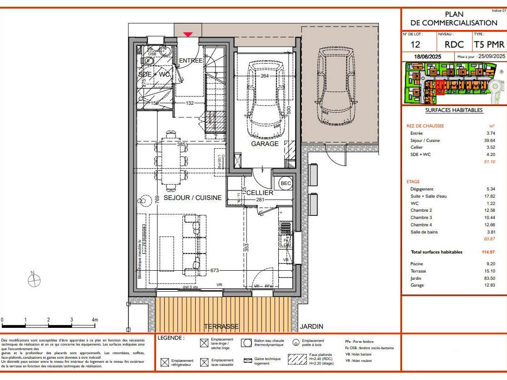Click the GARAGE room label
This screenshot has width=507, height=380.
[x=265, y=144]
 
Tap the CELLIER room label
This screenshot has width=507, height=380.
[x=260, y=193]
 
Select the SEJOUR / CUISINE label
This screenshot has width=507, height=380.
[x=192, y=198]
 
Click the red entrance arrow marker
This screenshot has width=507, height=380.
[x=188, y=34]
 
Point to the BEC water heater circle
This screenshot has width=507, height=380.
[x=285, y=183]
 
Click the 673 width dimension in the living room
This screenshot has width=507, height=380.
[x=215, y=270]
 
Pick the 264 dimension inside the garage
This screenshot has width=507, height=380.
[x=265, y=76]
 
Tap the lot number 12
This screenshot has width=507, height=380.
[x=415, y=44]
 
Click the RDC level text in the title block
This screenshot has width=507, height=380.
[x=454, y=44]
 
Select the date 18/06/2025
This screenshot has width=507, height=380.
[x=428, y=56]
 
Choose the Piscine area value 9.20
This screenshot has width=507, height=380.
[x=490, y=264]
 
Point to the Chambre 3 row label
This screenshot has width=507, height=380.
[x=421, y=218]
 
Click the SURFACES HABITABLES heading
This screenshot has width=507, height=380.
[x=453, y=110]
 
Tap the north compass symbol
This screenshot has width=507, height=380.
[x=34, y=281]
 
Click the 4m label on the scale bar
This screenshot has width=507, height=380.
[x=95, y=320]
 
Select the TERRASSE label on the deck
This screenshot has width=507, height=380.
[x=221, y=326]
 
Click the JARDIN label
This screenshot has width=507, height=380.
[x=311, y=326]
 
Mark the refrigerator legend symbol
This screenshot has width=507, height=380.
[x=165, y=362]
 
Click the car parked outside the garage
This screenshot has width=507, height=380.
[x=336, y=86]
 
